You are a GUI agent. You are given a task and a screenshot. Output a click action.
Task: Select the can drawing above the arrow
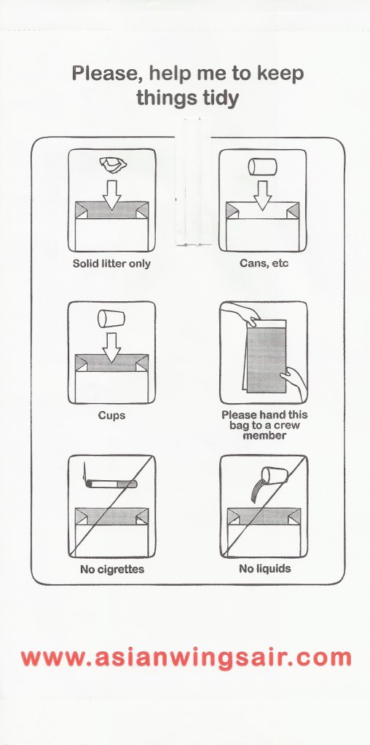pos(262,167)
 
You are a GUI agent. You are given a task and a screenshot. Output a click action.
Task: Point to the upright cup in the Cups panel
pos(111,319)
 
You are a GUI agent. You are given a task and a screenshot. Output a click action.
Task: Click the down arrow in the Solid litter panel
pos(112,194)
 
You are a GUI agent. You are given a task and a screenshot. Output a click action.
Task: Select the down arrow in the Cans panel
pos(262,196)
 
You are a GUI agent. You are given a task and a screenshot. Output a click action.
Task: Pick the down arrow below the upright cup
pos(111,347)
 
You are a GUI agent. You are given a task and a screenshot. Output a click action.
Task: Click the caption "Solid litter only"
pos(111,263)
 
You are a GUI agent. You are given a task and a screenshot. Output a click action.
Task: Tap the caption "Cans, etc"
pos(264,263)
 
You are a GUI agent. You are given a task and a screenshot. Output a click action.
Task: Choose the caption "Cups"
pos(111,415)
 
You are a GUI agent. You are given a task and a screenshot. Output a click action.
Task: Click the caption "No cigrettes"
pos(112,569)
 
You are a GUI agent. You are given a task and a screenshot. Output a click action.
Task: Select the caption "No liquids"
pos(264,568)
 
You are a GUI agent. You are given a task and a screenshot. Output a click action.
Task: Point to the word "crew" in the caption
pos(287,425)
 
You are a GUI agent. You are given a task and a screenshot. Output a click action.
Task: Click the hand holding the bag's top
pos(240,314)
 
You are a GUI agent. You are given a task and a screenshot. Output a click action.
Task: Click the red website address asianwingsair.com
pos(186,658)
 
